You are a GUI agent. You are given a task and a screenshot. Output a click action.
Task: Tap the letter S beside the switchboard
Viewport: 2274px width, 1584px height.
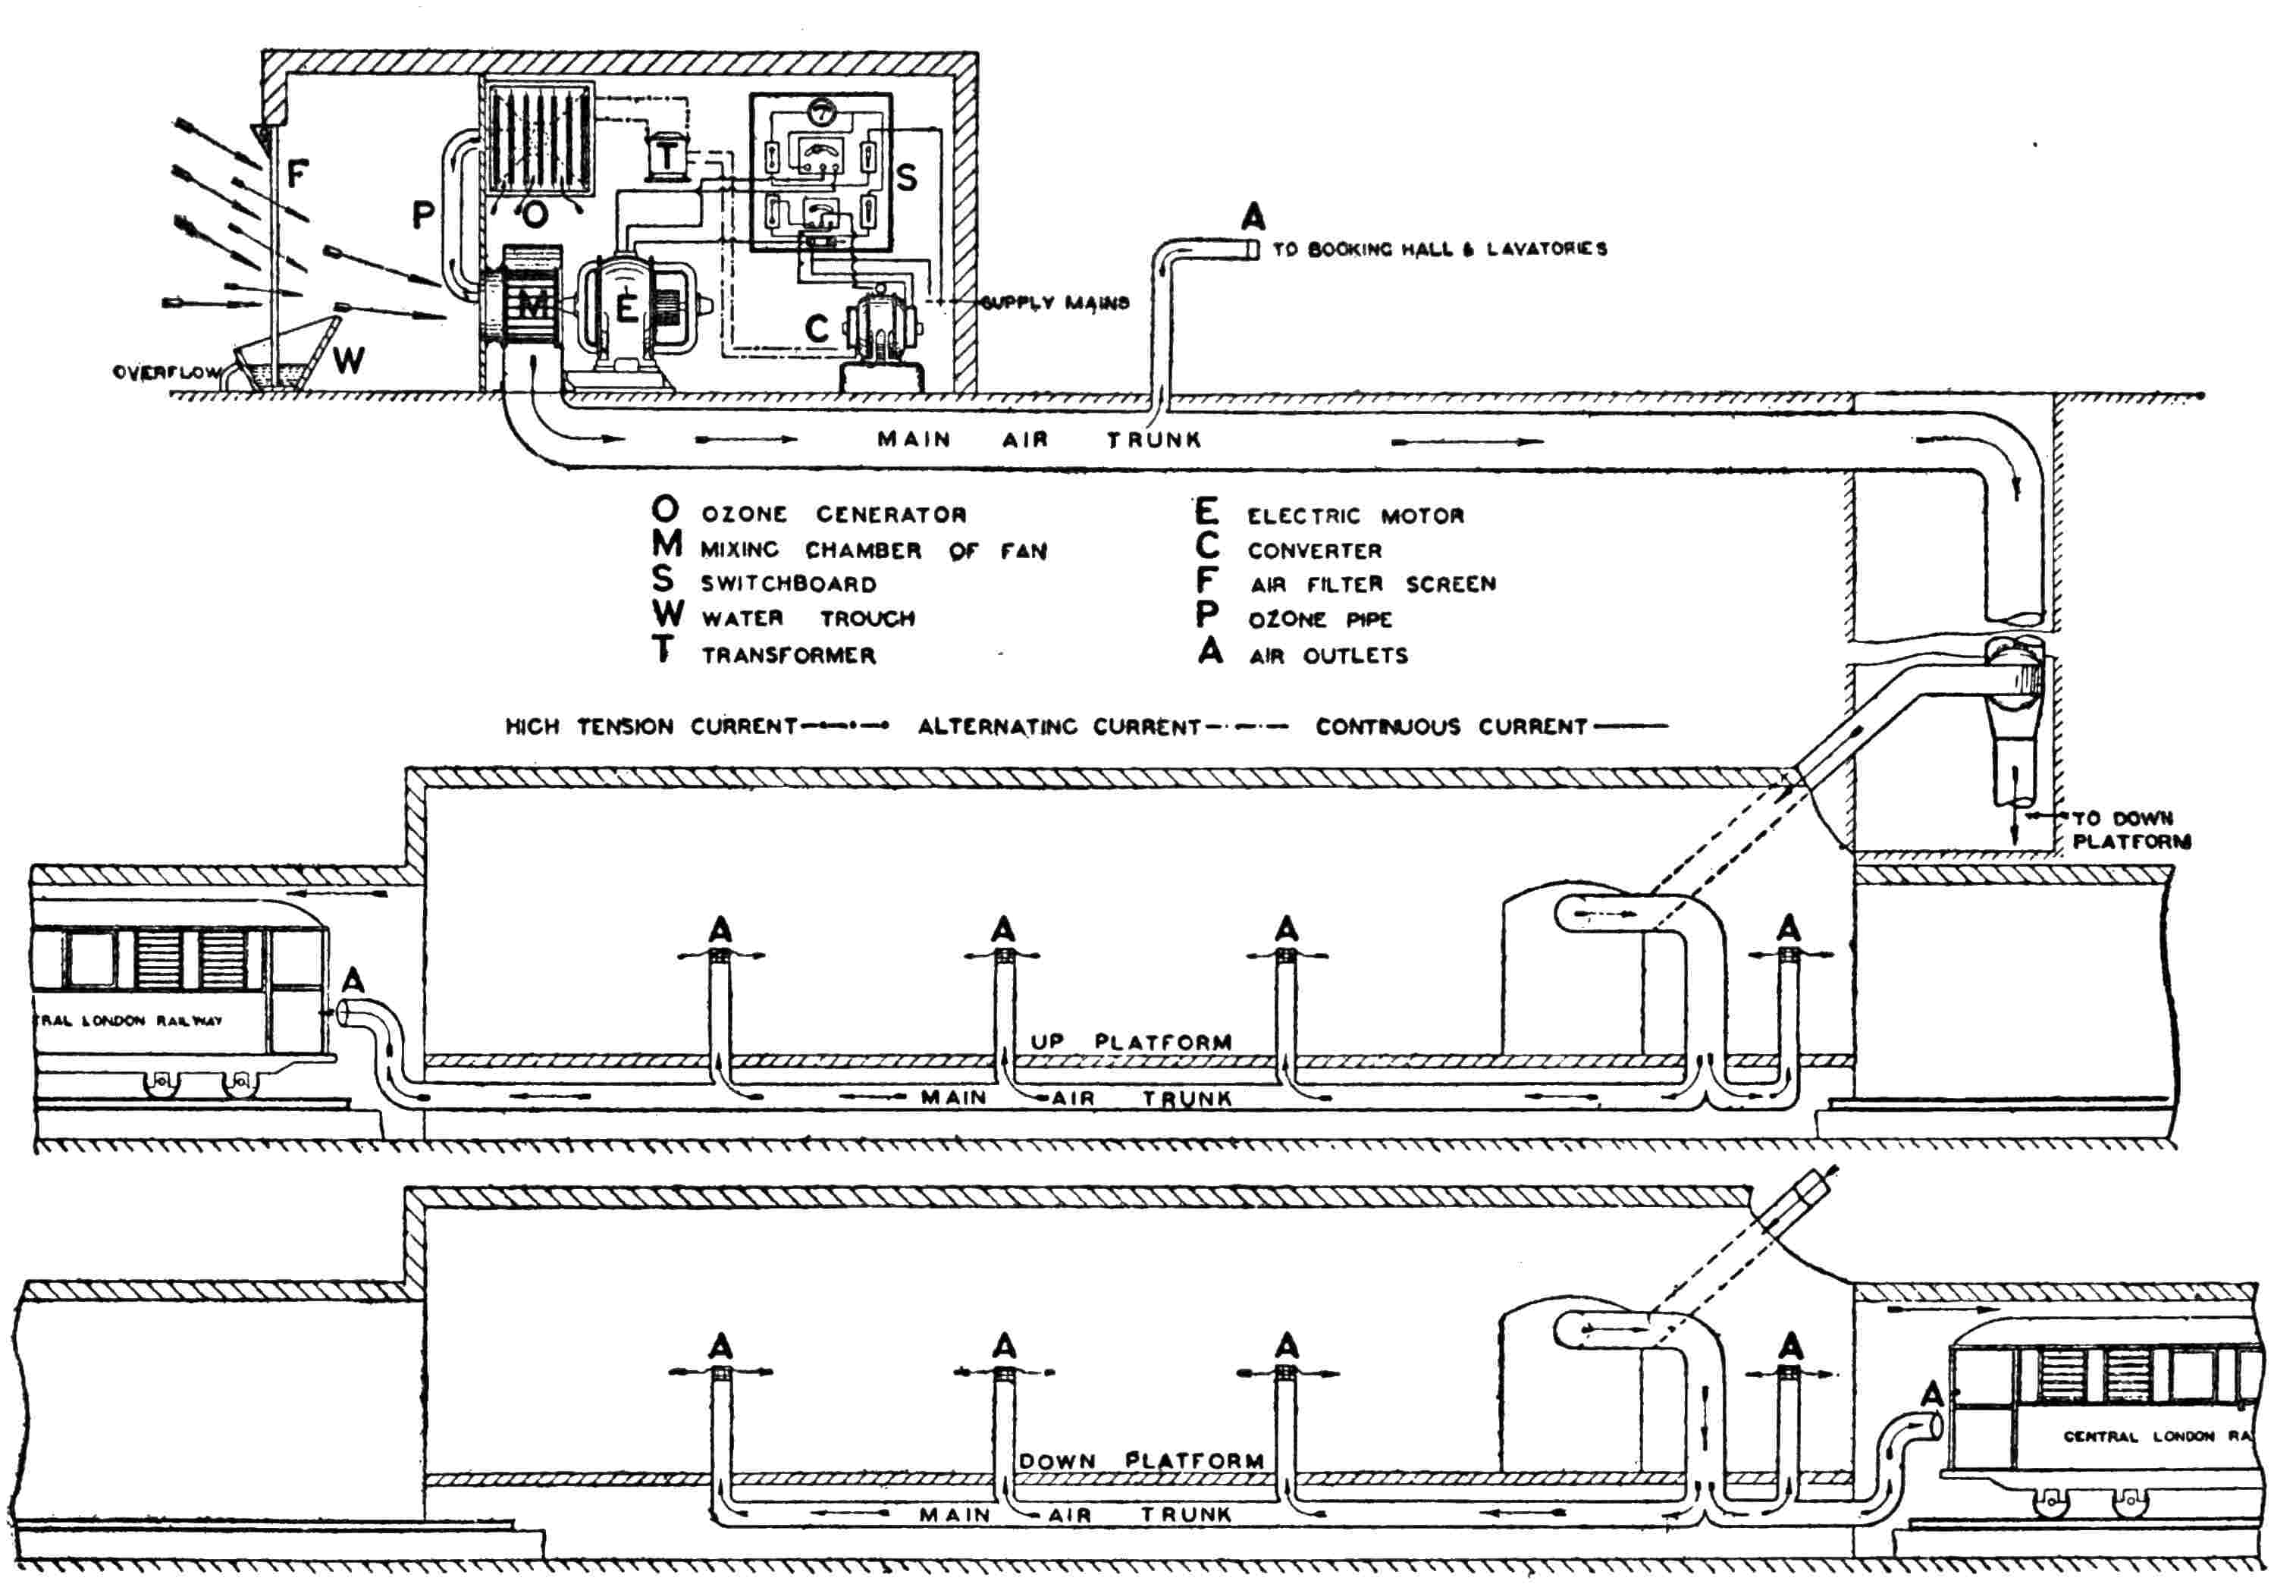click(906, 178)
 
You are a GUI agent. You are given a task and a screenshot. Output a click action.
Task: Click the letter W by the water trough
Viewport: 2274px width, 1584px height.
click(347, 362)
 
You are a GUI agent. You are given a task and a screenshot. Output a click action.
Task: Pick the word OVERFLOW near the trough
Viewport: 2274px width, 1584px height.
click(165, 372)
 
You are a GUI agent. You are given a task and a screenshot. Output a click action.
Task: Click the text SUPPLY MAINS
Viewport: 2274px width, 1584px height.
click(1055, 302)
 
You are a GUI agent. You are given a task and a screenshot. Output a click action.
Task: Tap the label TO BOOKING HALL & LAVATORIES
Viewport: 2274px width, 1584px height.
click(1439, 249)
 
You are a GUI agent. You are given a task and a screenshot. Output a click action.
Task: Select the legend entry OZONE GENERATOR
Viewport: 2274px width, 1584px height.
click(834, 514)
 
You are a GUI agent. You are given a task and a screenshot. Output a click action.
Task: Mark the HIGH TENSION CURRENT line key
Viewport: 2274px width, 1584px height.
click(696, 726)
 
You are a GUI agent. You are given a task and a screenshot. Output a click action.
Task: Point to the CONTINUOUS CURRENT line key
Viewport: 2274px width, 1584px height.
click(1491, 726)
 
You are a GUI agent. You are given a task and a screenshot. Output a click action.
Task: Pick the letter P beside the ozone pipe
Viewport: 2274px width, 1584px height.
click(423, 215)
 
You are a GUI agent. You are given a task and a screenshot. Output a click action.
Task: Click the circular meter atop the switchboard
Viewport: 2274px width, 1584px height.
click(821, 114)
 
